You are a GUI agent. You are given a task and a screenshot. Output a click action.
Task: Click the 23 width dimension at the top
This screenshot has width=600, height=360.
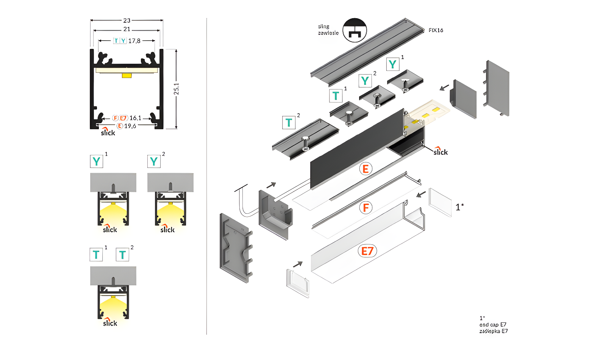pos(127,20)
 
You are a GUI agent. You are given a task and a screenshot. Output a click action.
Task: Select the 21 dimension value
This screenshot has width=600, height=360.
pos(127,29)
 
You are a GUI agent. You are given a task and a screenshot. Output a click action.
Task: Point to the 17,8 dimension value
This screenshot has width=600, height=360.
pos(134,41)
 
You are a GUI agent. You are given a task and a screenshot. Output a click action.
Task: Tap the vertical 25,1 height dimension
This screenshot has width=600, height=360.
pos(177,89)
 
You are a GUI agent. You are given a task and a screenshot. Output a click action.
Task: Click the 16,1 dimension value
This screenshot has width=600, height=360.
pos(135,118)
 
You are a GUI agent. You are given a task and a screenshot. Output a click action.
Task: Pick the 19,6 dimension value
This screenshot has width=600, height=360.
pos(130,126)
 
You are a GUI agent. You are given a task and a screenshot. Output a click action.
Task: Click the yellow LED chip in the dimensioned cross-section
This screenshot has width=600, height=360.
pos(127,75)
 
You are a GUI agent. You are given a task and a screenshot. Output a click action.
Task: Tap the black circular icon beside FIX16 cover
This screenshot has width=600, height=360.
pos(355,30)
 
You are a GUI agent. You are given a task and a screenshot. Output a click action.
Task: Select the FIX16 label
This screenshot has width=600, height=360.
pos(436,30)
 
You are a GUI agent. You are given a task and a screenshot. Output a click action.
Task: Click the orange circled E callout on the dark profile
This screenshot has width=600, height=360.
pos(366,169)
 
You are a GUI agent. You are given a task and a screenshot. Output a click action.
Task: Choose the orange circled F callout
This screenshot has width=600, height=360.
pos(366,208)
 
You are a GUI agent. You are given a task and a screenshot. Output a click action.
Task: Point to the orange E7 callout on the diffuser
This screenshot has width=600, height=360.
pos(367,251)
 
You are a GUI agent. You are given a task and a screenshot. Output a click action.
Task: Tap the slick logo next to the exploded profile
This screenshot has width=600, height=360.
pos(441,152)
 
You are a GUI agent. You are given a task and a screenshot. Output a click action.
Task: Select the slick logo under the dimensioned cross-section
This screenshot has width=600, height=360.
pos(108,132)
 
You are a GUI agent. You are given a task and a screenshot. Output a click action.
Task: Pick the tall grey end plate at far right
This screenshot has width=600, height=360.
pos(497,88)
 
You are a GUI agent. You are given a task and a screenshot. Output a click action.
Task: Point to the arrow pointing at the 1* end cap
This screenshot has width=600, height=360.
pos(420,194)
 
